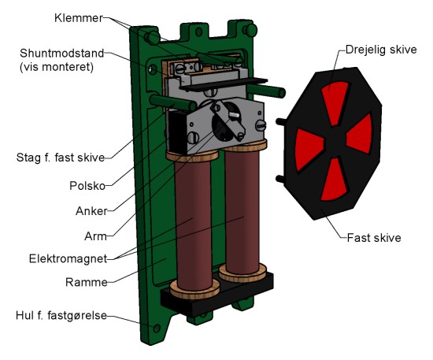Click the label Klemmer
(x=79, y=18)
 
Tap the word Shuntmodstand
(x=62, y=53)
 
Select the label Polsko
(x=87, y=186)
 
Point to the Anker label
(x=91, y=211)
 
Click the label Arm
(x=95, y=236)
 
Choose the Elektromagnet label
(x=68, y=259)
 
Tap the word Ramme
(x=87, y=282)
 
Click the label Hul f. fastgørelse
(x=61, y=315)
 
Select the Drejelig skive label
(x=381, y=50)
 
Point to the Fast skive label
(x=374, y=238)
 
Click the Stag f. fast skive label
(x=61, y=158)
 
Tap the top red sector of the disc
(x=335, y=102)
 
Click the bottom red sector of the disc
(x=334, y=180)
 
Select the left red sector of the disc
(x=308, y=149)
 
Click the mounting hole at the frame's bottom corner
(x=157, y=328)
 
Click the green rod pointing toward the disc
(x=266, y=91)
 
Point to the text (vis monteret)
(x=57, y=67)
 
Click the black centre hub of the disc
(x=335, y=142)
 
